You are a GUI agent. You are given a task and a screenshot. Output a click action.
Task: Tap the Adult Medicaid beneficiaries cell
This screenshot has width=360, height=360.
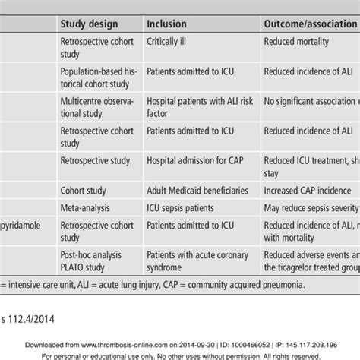(197, 191)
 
